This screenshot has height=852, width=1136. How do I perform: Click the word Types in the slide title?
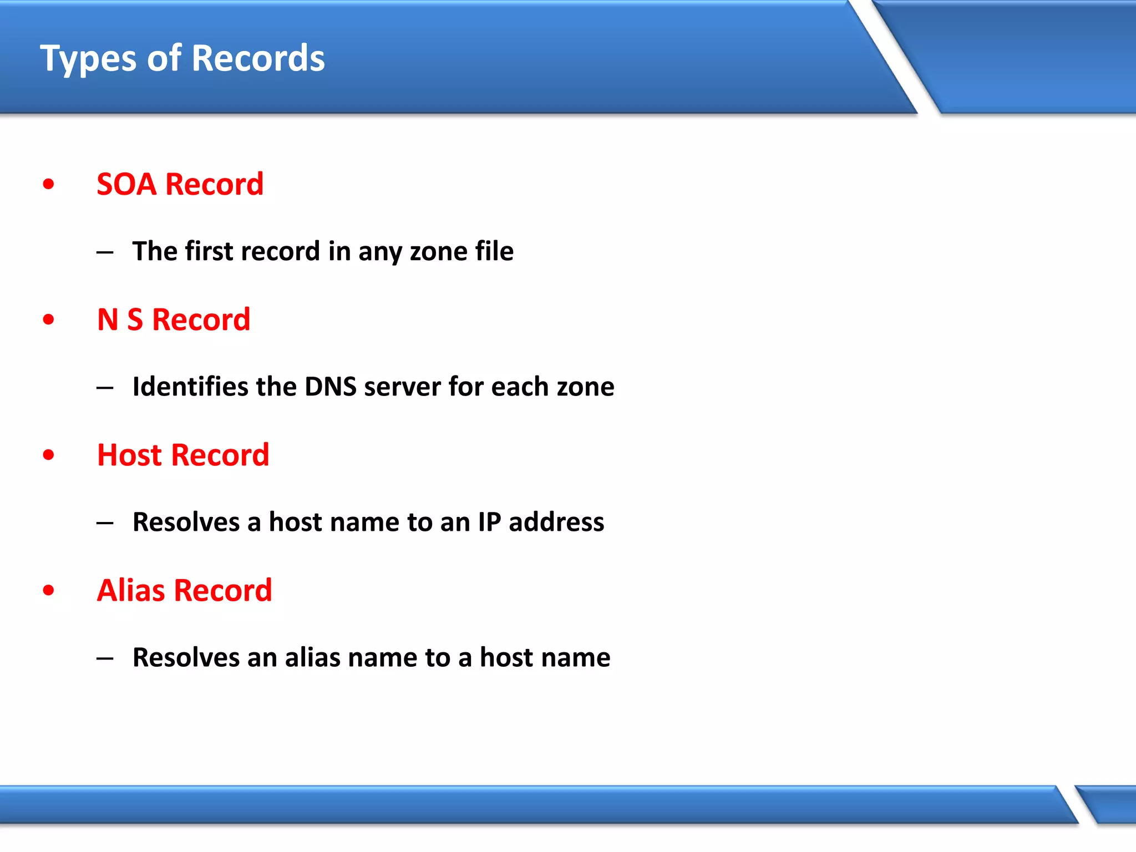click(88, 59)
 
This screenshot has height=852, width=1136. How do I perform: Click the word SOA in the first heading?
click(126, 184)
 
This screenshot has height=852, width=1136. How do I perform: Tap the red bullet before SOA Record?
click(49, 184)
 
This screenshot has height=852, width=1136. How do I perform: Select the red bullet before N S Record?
click(49, 319)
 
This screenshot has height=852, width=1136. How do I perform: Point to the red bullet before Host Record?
click(49, 455)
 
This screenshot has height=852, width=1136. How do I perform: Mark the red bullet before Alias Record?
click(49, 590)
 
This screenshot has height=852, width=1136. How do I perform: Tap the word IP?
click(489, 522)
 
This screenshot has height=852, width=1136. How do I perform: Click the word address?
click(556, 522)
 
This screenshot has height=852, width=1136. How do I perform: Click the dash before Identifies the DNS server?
click(105, 388)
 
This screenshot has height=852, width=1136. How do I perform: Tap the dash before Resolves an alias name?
click(105, 658)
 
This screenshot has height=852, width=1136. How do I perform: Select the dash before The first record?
click(105, 252)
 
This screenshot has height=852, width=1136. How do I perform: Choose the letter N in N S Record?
click(108, 319)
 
